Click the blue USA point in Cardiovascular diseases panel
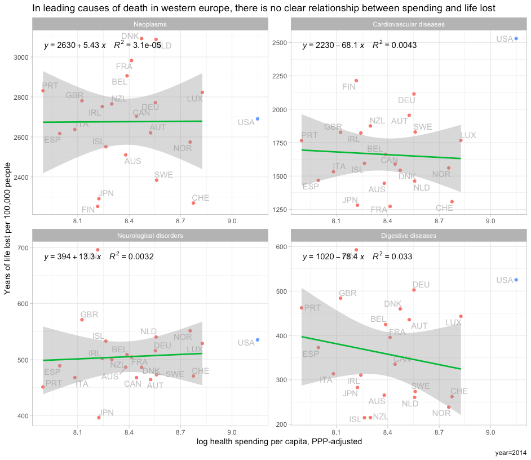point(516,39)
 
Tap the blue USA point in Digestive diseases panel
point(516,280)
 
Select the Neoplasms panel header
point(150,24)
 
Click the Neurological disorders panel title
point(150,236)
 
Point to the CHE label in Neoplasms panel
point(200,198)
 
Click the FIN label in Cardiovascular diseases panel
point(349,87)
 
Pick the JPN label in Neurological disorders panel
point(106,413)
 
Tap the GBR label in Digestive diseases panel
point(348,293)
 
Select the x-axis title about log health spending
point(279,442)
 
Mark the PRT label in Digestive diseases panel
point(312,308)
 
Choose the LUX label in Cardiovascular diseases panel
point(468,135)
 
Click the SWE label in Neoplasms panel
point(163,175)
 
